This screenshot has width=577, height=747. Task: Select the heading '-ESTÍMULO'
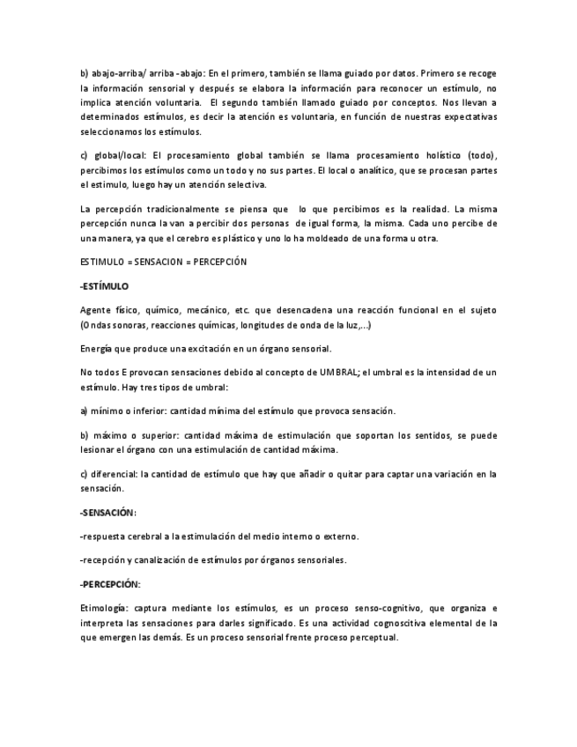coord(104,286)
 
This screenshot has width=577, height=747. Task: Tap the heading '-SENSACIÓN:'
coord(108,512)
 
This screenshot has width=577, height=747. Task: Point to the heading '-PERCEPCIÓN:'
coord(110,584)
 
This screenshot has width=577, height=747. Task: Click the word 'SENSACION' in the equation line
coord(163,262)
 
